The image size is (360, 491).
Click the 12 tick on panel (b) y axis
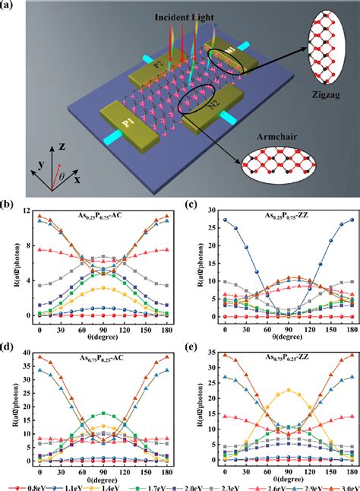[28, 211]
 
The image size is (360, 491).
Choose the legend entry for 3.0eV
[339, 483]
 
